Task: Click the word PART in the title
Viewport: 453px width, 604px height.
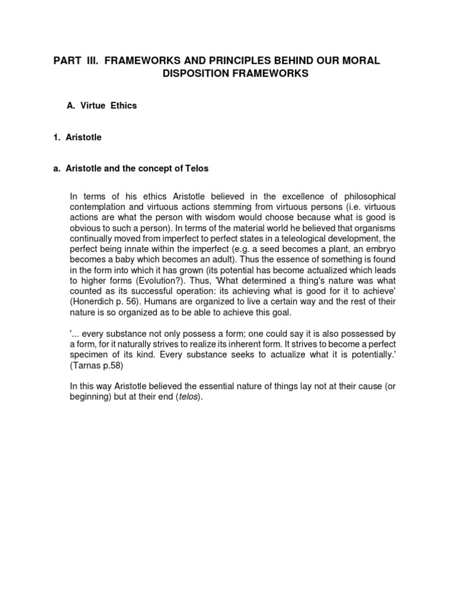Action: tap(67, 61)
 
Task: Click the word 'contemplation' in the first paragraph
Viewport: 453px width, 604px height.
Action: tap(100, 207)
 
